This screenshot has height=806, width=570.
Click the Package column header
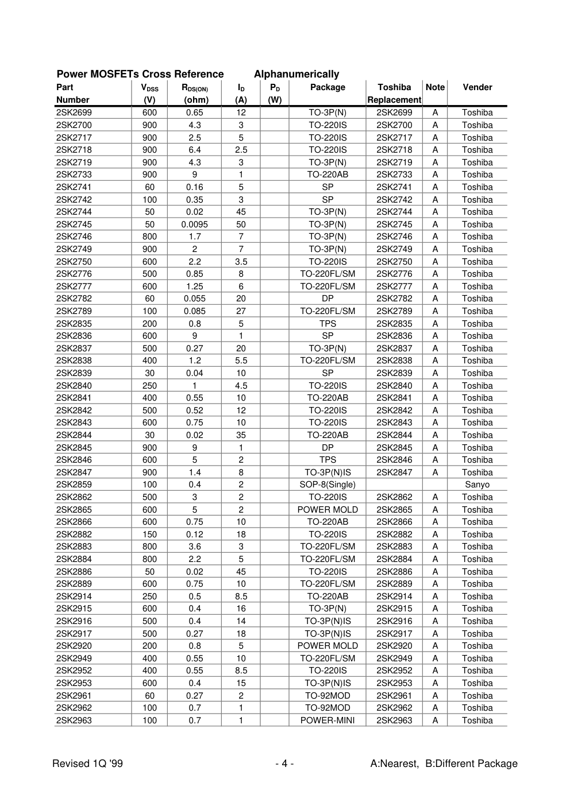328,87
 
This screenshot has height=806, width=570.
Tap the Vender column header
477,87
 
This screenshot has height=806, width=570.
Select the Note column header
435,87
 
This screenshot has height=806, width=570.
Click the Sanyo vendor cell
477,485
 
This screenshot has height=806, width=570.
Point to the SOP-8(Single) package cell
328,485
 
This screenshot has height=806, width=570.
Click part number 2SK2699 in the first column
74,113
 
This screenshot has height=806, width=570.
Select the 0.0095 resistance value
195,224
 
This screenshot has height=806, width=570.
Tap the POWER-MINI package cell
328,720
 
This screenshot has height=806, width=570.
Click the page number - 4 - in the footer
284,764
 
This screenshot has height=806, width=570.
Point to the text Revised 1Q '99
87,764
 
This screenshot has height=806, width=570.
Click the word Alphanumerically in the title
296,74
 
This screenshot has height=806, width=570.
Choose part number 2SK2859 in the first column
74,485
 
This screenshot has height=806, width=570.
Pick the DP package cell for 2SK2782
328,299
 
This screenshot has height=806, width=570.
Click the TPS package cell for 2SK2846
328,460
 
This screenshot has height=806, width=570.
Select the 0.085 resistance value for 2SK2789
195,311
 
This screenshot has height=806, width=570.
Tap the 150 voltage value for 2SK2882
149,534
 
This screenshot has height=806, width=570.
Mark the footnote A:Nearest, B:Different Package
444,764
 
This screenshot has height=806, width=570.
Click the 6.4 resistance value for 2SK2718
195,150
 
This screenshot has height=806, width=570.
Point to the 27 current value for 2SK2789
241,311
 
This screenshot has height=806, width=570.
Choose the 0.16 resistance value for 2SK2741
195,187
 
